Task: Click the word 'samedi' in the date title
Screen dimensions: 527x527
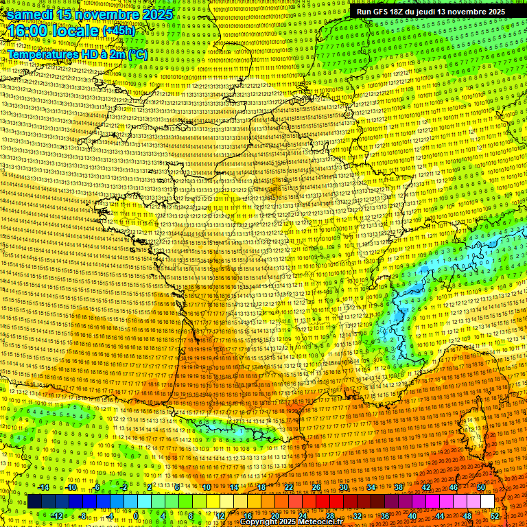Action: click(x=30, y=14)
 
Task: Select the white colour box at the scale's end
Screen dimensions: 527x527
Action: click(x=487, y=502)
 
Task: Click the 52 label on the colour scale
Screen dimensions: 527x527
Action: click(x=495, y=516)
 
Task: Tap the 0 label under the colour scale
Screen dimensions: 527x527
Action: click(x=137, y=516)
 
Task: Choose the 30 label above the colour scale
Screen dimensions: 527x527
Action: click(x=343, y=487)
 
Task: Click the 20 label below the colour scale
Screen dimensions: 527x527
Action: click(x=274, y=516)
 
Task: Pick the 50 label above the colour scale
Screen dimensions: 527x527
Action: click(x=480, y=487)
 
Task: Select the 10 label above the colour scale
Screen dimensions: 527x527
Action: click(x=206, y=487)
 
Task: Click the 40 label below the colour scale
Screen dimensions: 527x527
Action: click(x=412, y=516)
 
